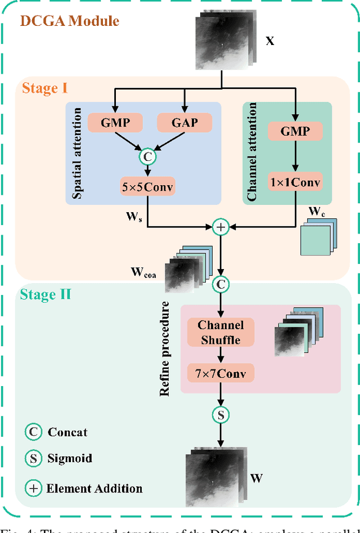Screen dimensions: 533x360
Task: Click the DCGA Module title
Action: (x=70, y=21)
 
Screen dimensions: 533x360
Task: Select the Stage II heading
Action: (x=46, y=294)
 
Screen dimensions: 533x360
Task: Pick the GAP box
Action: (x=185, y=122)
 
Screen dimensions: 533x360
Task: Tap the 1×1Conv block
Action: (x=294, y=182)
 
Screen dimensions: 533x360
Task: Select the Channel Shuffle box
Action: (x=220, y=332)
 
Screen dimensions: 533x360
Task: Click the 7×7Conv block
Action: (x=220, y=373)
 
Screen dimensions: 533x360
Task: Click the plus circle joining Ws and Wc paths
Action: (x=220, y=227)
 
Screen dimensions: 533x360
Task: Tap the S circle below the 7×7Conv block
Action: (x=220, y=415)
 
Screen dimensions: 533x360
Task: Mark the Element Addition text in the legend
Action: (x=94, y=488)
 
